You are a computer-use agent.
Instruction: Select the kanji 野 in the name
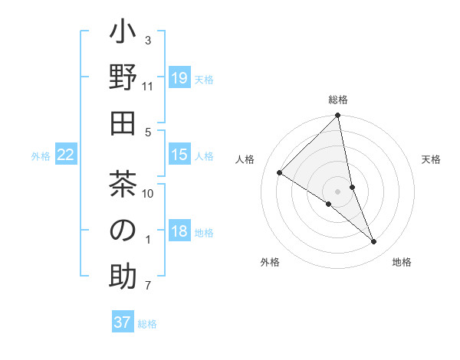point(123,79)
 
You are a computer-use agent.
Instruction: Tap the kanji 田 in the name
point(123,125)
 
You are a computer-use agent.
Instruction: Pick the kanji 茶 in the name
point(123,185)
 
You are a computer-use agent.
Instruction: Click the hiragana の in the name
point(123,231)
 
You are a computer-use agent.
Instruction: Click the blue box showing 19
point(179,78)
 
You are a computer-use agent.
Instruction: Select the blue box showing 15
point(179,155)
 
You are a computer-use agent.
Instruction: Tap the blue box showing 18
point(179,232)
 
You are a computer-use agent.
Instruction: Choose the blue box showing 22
point(66,155)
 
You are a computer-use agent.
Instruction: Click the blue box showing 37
point(123,322)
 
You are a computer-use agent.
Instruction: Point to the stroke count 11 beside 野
point(148,87)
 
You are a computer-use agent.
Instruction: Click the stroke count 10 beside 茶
point(148,193)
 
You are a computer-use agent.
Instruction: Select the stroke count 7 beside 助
point(148,286)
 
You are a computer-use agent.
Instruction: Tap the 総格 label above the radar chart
point(338,100)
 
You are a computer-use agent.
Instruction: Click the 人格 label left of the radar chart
point(245,159)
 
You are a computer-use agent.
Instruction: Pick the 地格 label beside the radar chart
point(402,262)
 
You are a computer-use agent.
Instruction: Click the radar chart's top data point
point(338,116)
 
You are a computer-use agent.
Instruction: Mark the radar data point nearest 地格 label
point(374,241)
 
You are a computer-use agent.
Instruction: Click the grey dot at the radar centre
point(338,191)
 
